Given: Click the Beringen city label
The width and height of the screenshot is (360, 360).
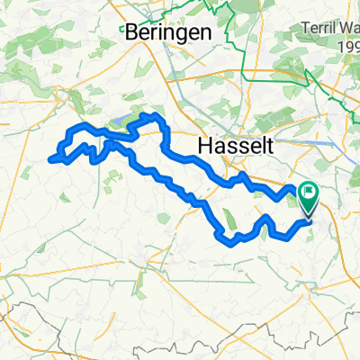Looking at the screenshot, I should (x=168, y=31).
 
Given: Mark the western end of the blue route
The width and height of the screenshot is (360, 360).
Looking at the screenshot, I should (x=49, y=159).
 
